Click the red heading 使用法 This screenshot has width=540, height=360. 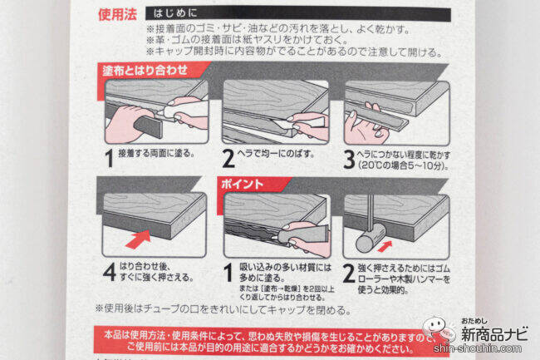(x=117, y=14)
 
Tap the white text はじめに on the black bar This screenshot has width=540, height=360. (x=175, y=13)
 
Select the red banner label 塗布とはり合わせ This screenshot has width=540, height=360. (x=145, y=71)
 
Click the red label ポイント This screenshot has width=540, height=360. (x=242, y=185)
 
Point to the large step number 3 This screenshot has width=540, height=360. (x=349, y=160)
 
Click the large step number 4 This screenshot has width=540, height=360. (x=110, y=272)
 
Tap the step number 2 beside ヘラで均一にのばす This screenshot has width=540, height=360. (x=228, y=159)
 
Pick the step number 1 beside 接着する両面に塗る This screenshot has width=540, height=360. (x=110, y=159)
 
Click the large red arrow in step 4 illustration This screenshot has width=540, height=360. (x=139, y=239)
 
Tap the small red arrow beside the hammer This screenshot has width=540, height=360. (x=385, y=246)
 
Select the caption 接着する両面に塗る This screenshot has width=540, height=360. (x=156, y=153)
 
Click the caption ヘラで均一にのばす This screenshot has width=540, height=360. (x=276, y=154)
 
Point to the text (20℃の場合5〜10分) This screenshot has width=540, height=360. (x=403, y=165)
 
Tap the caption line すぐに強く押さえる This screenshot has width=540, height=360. (x=156, y=278)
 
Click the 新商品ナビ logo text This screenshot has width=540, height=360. (x=494, y=334)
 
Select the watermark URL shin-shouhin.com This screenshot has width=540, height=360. (x=478, y=348)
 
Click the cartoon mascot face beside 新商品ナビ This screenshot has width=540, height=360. (x=434, y=327)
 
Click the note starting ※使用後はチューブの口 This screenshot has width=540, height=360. (x=223, y=309)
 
